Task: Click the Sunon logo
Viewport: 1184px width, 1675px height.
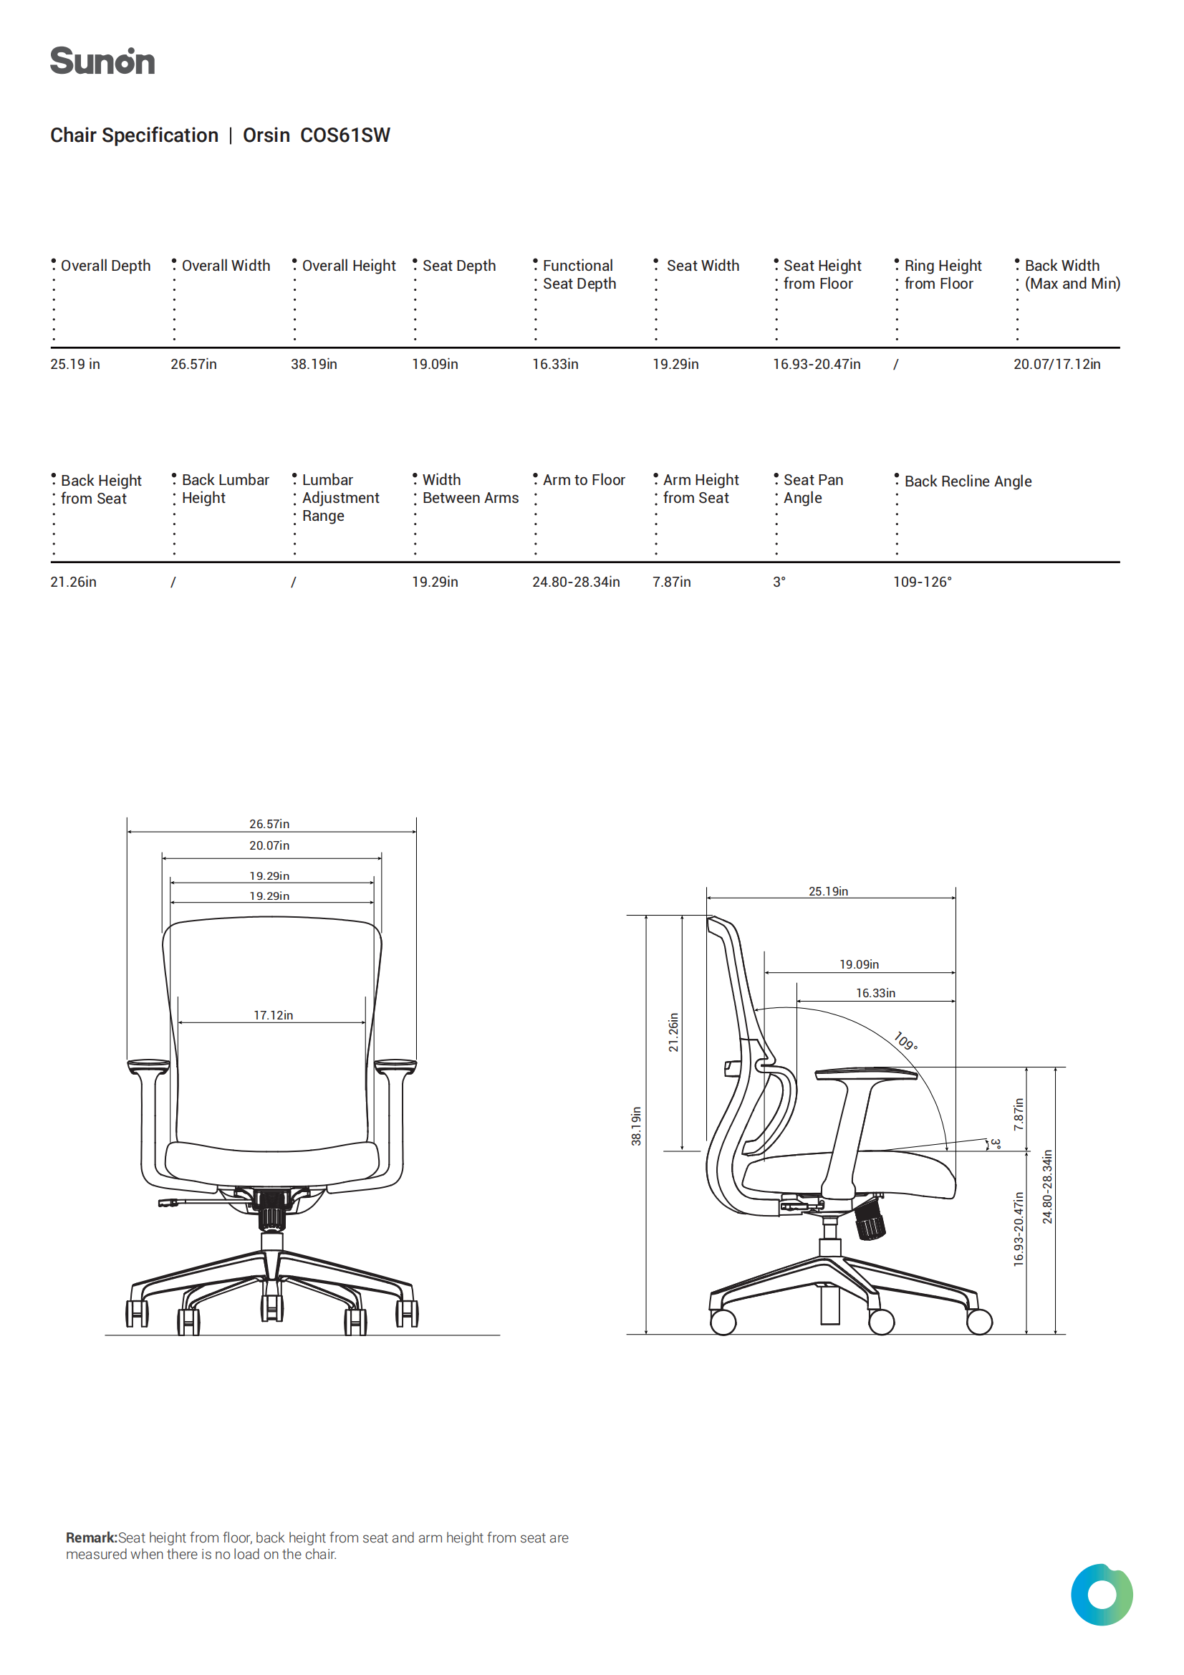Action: click(102, 62)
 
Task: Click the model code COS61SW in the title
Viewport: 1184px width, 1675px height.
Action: click(345, 135)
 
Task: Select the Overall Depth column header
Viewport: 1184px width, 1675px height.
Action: click(106, 266)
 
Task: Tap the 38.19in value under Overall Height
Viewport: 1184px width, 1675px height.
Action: click(314, 364)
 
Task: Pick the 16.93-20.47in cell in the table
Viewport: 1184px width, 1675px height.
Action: click(817, 364)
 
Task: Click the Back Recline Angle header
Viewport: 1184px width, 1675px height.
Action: click(968, 481)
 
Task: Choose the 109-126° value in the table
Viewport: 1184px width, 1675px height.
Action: click(922, 582)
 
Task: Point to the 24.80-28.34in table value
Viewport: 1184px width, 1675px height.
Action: click(576, 582)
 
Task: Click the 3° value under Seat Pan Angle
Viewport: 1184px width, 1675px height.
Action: click(779, 582)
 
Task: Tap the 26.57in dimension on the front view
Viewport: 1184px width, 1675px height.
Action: click(269, 825)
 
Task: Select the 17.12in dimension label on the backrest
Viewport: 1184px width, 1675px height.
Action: click(273, 1015)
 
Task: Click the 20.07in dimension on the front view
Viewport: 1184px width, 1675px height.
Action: click(269, 846)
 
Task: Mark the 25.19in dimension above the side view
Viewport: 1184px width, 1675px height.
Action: click(828, 891)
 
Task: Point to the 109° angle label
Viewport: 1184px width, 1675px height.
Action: click(906, 1041)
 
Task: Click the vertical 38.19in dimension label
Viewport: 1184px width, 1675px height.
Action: click(636, 1126)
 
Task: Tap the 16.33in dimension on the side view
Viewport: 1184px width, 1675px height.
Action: click(875, 994)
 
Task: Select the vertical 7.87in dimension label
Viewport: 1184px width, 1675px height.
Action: click(1019, 1114)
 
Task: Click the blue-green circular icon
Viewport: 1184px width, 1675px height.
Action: click(1102, 1594)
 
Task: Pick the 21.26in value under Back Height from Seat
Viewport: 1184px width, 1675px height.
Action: click(73, 582)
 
